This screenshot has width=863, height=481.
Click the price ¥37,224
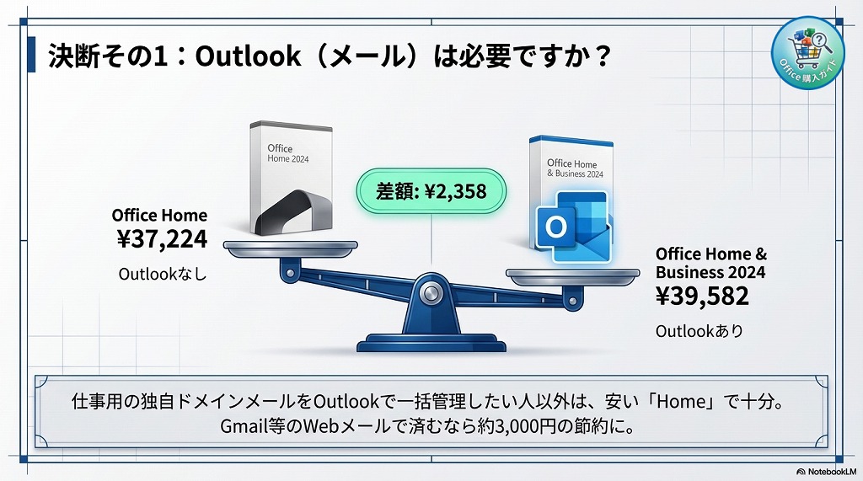[161, 240]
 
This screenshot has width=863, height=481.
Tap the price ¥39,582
[702, 297]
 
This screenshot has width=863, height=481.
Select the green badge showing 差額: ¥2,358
[432, 191]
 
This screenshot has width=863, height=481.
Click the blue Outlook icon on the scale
[572, 228]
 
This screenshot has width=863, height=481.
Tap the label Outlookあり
[700, 331]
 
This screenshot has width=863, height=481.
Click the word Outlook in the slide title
[246, 56]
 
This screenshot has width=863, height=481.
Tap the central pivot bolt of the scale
[431, 293]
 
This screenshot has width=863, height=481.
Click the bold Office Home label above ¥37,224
[159, 215]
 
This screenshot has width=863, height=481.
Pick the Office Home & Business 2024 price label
[710, 263]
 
